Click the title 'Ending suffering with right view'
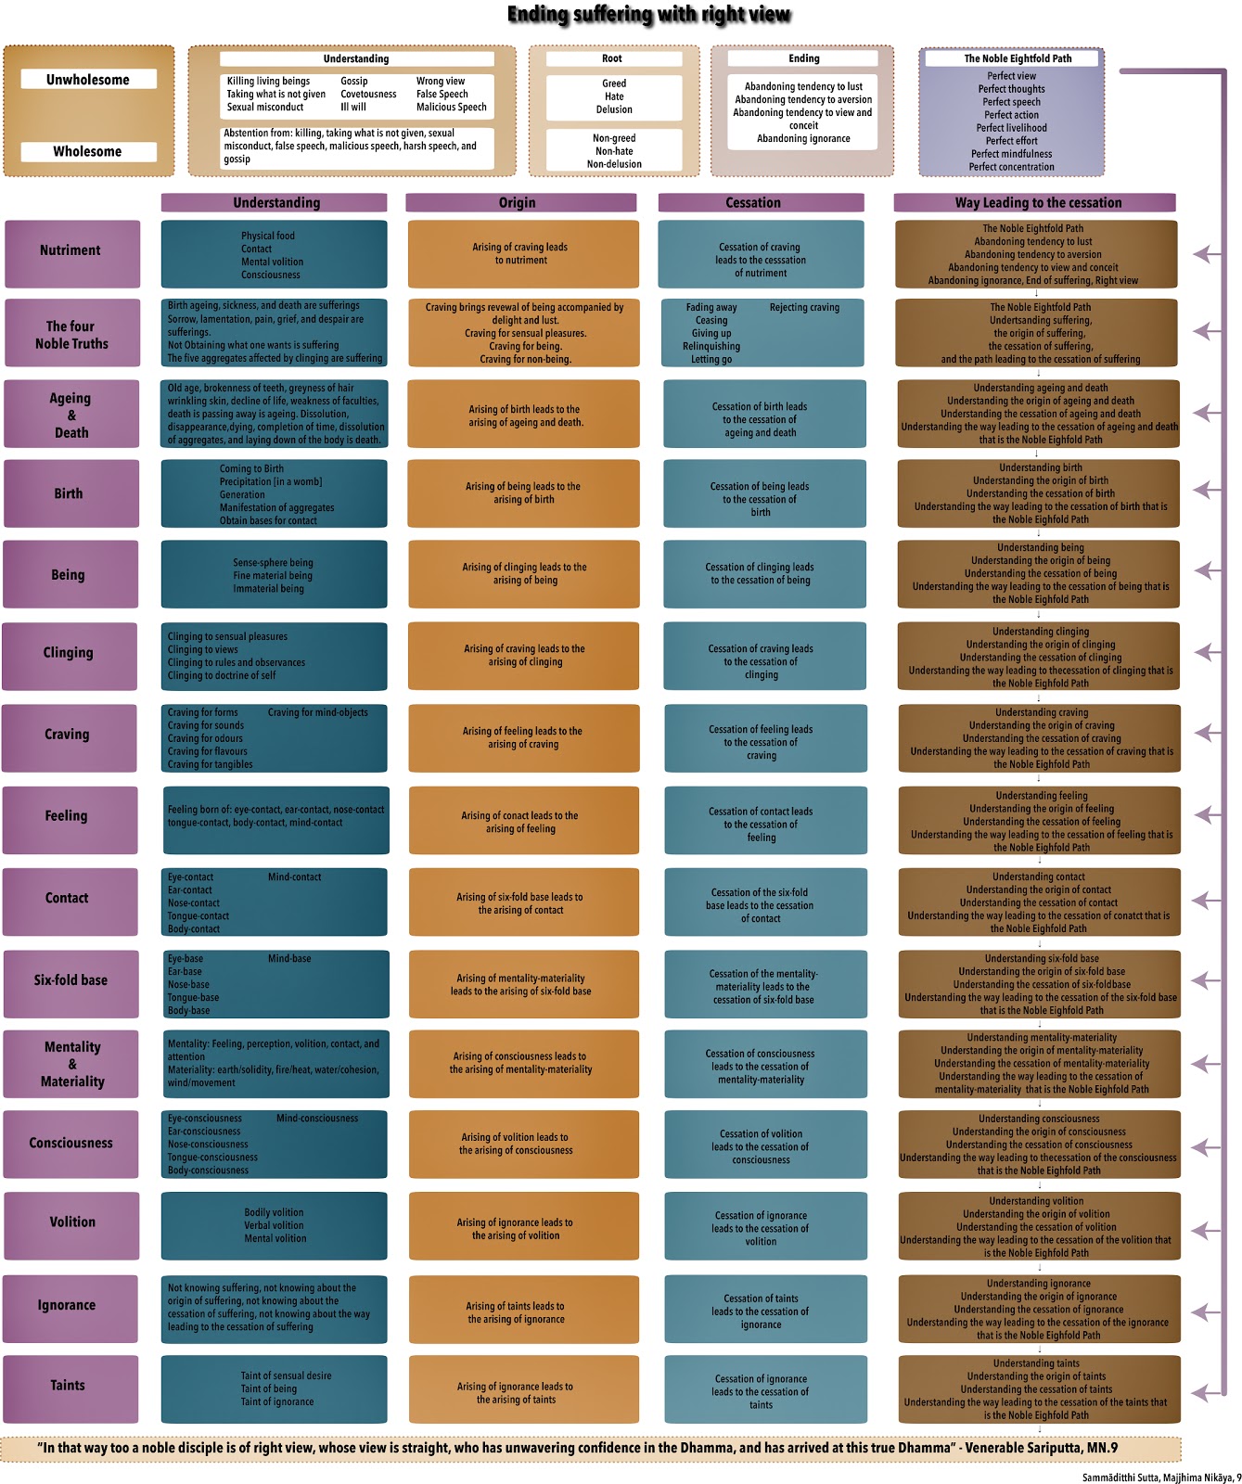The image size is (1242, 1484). pos(648,15)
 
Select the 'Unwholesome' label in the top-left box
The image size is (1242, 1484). pos(88,80)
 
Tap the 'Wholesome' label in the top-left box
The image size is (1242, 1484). pos(88,151)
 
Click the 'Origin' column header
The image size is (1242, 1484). pos(518,202)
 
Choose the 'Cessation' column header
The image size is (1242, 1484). pos(753,202)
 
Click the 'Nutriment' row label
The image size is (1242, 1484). pos(71,250)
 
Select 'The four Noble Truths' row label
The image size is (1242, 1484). pos(71,335)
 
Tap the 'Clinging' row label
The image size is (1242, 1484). pos(69,653)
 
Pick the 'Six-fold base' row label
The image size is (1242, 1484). pos(71,980)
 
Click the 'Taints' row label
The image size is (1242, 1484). pos(68,1386)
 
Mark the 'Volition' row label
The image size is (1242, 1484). pos(72,1222)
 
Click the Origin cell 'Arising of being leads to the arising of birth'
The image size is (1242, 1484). pos(523,493)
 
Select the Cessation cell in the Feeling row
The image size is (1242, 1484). pos(762,824)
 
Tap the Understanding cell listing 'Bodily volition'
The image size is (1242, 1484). pos(275,1225)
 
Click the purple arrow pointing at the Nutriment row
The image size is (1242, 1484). pos(1206,253)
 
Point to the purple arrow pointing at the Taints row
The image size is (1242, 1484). pos(1206,1392)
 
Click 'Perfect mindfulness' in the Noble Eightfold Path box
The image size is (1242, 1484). pos(1012,154)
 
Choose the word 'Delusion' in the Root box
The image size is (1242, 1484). pos(614,109)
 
